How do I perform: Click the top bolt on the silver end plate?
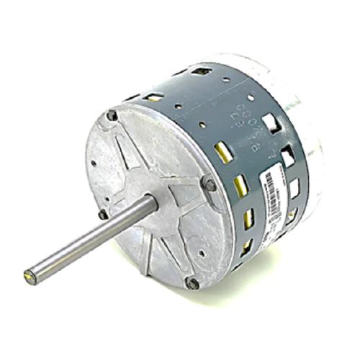112,115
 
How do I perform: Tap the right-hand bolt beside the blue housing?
210,185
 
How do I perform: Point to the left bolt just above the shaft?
104,214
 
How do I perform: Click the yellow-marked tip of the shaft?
30,274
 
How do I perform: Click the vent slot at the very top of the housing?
201,71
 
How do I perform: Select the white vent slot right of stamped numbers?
271,123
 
